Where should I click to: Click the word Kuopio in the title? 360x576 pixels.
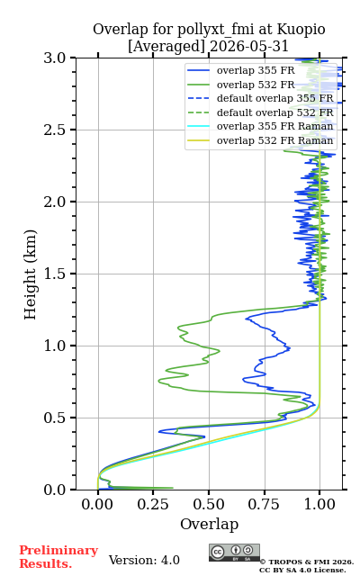(x=301, y=30)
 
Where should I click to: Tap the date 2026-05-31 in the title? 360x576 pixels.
(x=248, y=46)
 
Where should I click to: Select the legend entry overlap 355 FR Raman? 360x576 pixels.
(x=274, y=126)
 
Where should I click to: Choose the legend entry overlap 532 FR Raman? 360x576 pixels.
(x=274, y=140)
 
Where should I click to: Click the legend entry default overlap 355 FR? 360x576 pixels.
(x=274, y=98)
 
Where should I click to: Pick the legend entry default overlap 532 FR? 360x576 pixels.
(x=274, y=112)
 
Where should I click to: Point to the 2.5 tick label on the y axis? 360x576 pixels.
(x=55, y=130)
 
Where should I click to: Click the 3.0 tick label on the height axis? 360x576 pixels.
(x=55, y=58)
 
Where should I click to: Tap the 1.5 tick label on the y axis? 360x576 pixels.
(x=55, y=274)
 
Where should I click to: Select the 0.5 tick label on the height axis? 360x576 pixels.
(x=55, y=418)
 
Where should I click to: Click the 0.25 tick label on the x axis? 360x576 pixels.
(x=153, y=504)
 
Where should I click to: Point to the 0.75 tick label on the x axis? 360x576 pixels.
(x=265, y=504)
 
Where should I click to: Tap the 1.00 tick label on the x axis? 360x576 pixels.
(x=320, y=504)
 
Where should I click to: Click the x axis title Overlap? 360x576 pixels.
(x=210, y=525)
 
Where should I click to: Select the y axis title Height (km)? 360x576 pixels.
(x=30, y=274)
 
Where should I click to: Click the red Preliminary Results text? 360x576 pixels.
(x=58, y=557)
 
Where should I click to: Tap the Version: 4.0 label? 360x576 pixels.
(x=144, y=560)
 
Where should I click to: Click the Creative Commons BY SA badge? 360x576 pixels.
(x=234, y=553)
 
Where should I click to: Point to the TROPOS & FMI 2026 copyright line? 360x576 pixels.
(x=307, y=562)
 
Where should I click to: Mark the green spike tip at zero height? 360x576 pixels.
(x=173, y=488)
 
